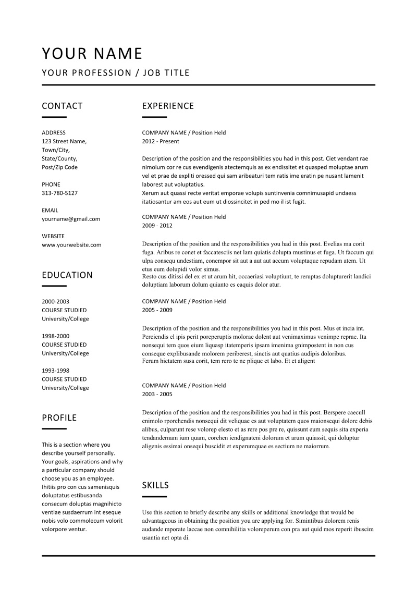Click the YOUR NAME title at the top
point(92,54)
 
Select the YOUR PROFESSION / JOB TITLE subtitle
point(116,73)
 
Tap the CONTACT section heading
point(62,106)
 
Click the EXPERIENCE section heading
point(168,106)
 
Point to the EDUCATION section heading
point(67,275)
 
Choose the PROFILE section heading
point(59,417)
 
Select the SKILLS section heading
point(155,485)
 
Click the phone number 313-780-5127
point(59,193)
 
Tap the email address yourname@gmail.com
point(71,219)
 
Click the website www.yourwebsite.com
point(71,244)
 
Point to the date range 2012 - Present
point(161,141)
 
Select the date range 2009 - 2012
point(157,226)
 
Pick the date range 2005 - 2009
point(157,310)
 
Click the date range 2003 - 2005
point(157,395)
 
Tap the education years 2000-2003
point(55,302)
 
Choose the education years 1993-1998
point(55,371)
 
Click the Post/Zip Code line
point(59,167)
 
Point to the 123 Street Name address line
point(64,141)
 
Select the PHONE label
point(51,185)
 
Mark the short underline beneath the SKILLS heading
point(154,497)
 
